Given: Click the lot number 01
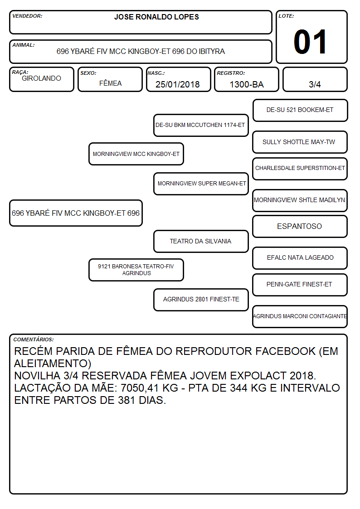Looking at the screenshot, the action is [310, 42].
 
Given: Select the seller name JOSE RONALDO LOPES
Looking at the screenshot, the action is [156, 17].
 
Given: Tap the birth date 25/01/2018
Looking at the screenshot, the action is [178, 84].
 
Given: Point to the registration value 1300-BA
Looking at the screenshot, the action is [247, 84].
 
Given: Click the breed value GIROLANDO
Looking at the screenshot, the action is [41, 78].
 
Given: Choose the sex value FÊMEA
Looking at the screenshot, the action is [110, 83].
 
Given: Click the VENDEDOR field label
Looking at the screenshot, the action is [27, 16].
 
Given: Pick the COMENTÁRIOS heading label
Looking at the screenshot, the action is [34, 339].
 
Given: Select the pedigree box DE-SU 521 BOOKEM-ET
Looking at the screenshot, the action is [300, 110].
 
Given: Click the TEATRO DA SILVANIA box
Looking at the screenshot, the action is [201, 241].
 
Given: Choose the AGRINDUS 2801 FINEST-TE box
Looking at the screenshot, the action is [201, 300].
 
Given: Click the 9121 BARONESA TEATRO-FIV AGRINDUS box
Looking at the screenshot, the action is [136, 270].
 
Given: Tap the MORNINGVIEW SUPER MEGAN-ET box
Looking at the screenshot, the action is [201, 184].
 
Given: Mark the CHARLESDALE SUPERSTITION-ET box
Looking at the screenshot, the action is [300, 169].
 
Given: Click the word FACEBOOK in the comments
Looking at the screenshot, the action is [284, 351].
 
